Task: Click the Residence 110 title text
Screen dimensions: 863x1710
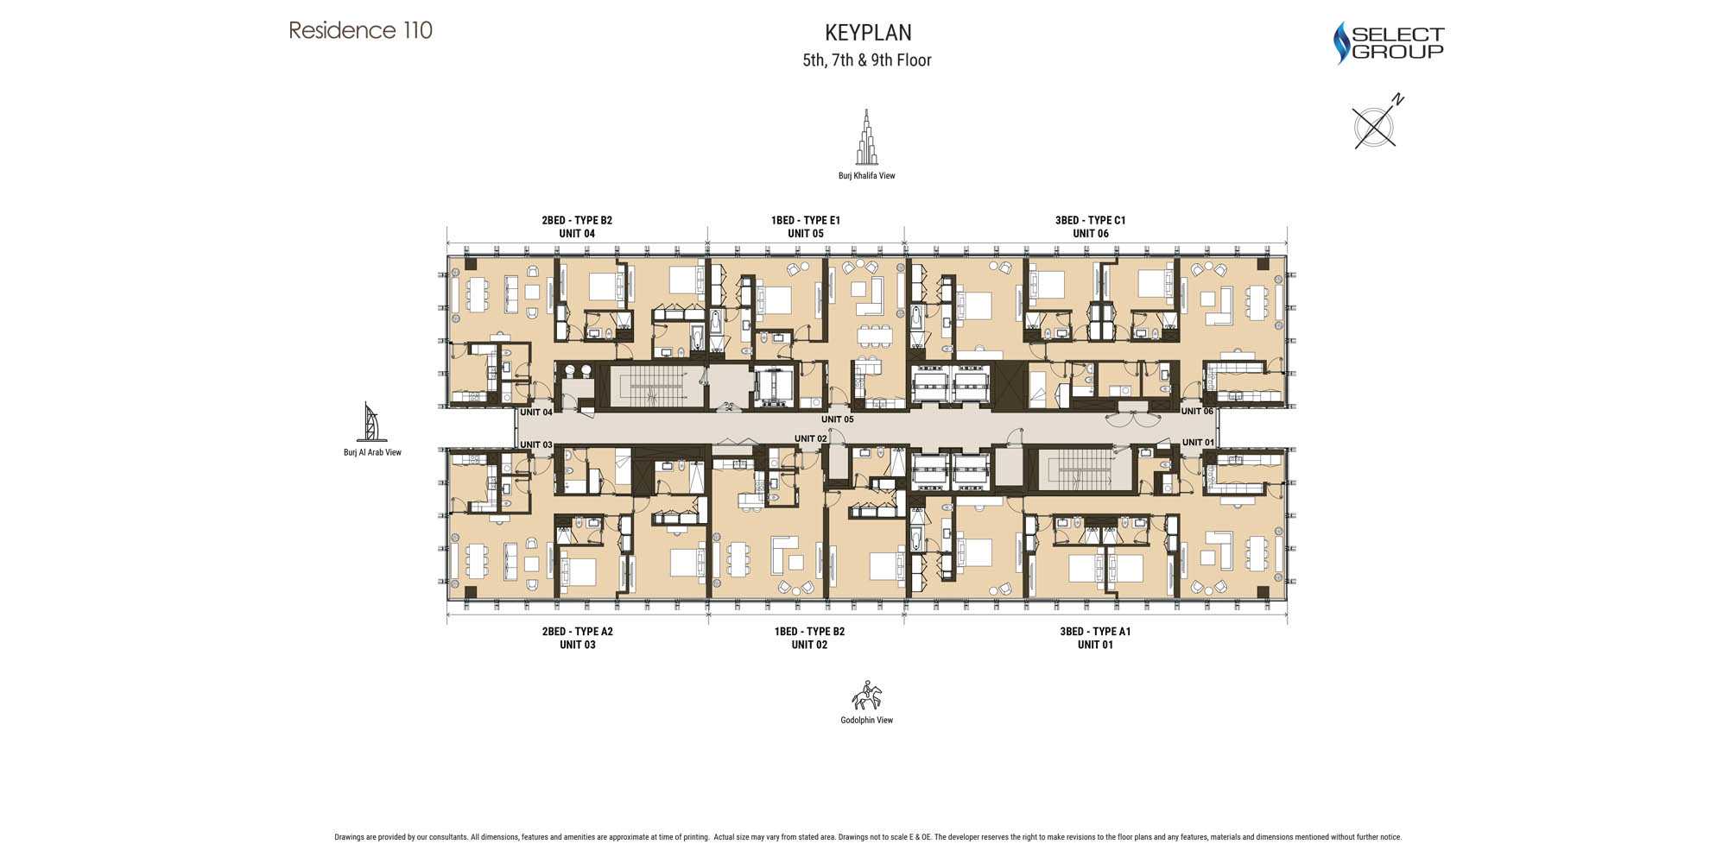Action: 360,31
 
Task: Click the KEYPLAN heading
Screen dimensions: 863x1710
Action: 868,33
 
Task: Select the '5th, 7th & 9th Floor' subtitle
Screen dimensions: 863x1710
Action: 867,60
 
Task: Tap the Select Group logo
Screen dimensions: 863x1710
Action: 1389,42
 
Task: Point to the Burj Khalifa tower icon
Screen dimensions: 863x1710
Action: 866,137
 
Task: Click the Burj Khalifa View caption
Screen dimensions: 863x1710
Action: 866,176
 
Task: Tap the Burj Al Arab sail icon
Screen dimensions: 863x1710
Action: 371,422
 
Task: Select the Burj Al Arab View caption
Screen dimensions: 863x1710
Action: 372,452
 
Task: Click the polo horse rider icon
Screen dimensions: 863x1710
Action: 867,696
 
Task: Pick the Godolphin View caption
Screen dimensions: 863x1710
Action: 866,721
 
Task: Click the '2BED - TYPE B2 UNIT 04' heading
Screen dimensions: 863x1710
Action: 577,227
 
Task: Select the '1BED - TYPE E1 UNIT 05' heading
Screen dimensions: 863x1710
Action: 805,227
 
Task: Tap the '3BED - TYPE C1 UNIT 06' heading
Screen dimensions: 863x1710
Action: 1090,227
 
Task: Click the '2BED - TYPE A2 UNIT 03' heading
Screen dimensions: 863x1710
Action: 577,638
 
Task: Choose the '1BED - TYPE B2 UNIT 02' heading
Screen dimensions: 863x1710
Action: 809,638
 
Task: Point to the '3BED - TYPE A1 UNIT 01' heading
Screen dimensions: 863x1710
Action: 1094,638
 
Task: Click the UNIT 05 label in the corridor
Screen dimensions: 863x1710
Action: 837,419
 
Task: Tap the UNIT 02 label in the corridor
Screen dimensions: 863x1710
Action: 810,438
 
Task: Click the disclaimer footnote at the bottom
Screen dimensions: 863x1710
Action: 867,837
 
